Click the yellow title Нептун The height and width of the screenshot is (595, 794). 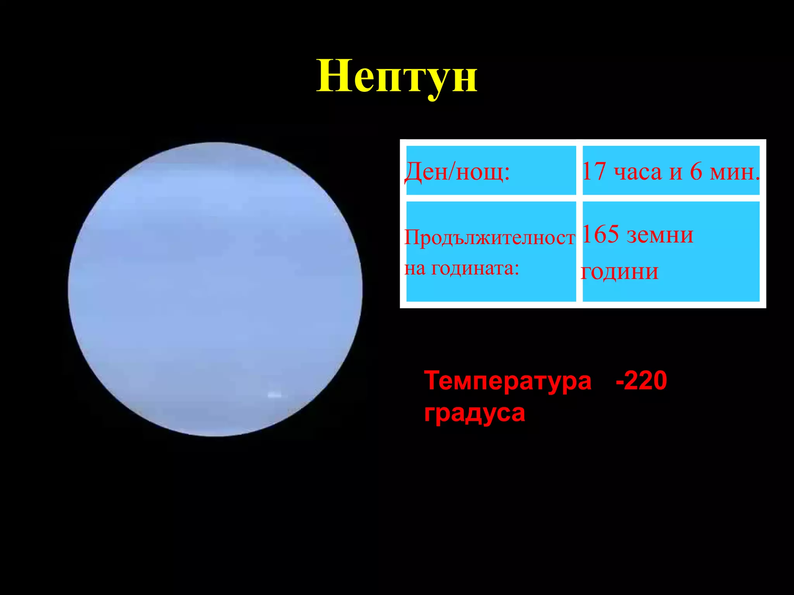click(397, 77)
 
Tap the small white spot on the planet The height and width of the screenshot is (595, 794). click(275, 395)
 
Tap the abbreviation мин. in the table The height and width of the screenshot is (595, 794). click(734, 172)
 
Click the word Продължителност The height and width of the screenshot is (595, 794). click(490, 237)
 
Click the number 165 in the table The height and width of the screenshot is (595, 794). click(600, 234)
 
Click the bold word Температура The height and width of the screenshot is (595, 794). click(508, 381)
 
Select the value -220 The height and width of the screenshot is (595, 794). click(641, 380)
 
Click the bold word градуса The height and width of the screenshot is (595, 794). click(475, 413)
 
